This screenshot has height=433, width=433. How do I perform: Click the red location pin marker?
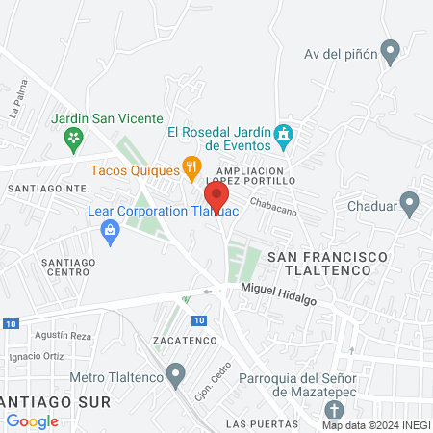[x=216, y=196]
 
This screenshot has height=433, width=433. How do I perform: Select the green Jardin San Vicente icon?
[x=73, y=140]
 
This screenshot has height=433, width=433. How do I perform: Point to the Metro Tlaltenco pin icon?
[x=175, y=373]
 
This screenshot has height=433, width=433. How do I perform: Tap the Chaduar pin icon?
[x=409, y=204]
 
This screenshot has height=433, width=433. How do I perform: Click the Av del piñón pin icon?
[x=390, y=51]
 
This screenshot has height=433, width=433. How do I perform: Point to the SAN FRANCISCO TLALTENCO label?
[x=327, y=265]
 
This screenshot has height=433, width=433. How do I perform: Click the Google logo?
[x=32, y=420]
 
